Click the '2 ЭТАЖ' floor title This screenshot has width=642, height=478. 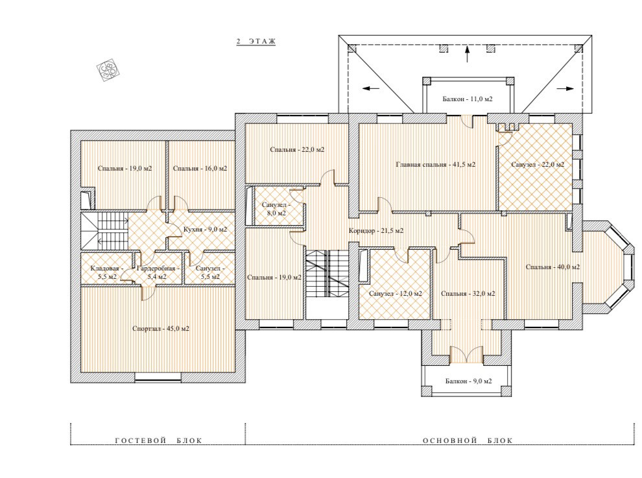click(x=256, y=42)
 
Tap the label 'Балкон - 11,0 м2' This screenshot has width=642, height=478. click(x=467, y=99)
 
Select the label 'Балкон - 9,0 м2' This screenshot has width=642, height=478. click(x=469, y=381)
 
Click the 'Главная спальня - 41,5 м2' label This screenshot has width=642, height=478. click(x=436, y=165)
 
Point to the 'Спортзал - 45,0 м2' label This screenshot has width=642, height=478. click(x=161, y=328)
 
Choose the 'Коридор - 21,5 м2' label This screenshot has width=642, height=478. click(x=376, y=231)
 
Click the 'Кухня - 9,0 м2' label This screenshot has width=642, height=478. click(x=205, y=230)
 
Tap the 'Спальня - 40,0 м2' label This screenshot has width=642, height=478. click(x=553, y=267)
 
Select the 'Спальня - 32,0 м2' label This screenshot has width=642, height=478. click(x=468, y=294)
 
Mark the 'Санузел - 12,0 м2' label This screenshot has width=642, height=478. click(x=396, y=294)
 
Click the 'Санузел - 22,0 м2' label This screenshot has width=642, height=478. click(x=538, y=165)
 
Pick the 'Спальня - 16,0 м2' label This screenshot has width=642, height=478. click(x=200, y=169)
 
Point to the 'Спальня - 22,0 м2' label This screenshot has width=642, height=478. click(x=297, y=150)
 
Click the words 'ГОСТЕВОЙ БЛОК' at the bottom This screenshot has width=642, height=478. click(x=158, y=441)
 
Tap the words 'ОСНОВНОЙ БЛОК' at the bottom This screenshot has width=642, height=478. click(x=468, y=441)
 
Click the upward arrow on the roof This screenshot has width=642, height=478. click(x=467, y=54)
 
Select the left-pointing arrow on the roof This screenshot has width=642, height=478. click(x=371, y=88)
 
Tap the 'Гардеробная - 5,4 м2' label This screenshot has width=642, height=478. click(x=158, y=272)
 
